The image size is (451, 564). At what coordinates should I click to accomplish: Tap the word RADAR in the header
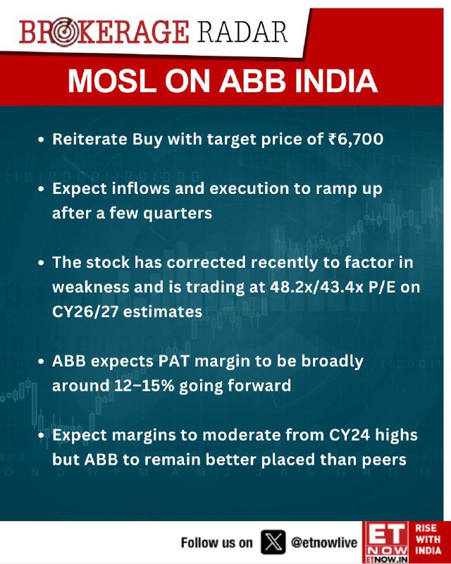242,32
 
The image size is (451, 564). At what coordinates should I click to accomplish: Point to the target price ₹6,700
356,139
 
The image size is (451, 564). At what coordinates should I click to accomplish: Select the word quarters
178,214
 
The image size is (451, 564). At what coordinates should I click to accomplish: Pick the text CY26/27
85,312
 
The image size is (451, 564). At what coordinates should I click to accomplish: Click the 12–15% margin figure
144,386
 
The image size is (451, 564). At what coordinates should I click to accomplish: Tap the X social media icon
273,542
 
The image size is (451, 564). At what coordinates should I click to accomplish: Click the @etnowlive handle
324,542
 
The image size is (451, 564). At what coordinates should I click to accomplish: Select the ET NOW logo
386,542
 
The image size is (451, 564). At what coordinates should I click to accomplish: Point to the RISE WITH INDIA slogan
428,539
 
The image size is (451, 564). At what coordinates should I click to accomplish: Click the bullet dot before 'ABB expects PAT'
42,362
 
